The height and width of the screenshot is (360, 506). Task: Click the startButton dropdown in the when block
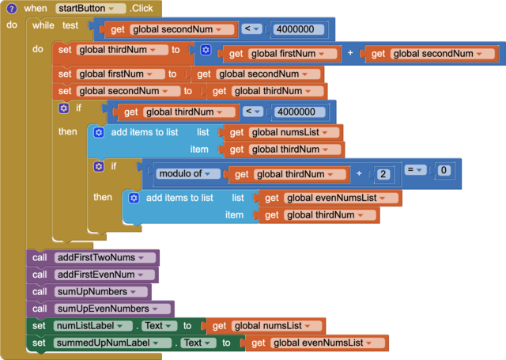tap(91, 8)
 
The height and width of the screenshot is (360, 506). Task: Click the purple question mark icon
tap(12, 8)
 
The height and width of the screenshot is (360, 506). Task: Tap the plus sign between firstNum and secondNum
tap(349, 53)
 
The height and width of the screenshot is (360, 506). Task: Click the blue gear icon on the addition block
tap(206, 50)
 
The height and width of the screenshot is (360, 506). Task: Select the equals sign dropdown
tap(414, 170)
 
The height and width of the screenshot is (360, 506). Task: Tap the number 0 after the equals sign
tap(444, 170)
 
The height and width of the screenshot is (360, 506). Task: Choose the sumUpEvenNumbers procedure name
tap(111, 308)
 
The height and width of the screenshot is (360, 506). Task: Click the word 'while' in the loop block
tap(43, 25)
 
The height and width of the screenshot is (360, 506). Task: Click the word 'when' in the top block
tap(35, 8)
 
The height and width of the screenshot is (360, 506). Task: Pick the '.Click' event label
tap(142, 8)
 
